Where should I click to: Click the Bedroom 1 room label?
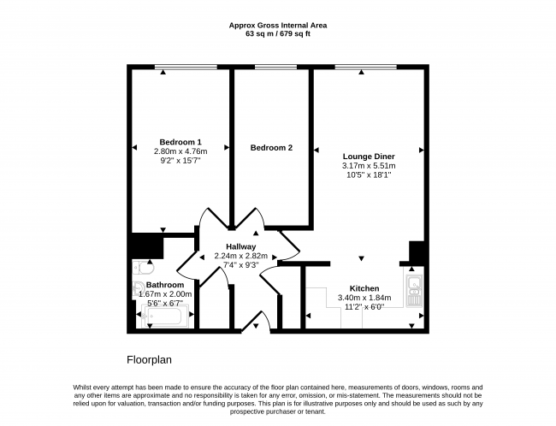[180, 142]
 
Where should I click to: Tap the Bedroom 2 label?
[271, 147]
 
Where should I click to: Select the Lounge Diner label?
[369, 157]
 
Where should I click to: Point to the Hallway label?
[240, 247]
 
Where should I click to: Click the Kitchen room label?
[364, 288]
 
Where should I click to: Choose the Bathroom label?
[165, 285]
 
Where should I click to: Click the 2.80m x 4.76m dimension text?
[180, 151]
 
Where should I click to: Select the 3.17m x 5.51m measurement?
[369, 166]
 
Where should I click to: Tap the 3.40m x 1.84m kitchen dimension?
[364, 298]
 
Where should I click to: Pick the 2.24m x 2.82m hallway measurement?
[240, 256]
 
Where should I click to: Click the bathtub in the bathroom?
[165, 316]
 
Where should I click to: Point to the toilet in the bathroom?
[143, 268]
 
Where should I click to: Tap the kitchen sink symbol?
[414, 291]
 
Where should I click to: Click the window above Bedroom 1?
[186, 67]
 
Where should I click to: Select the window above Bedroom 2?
[276, 67]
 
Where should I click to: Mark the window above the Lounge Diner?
[365, 67]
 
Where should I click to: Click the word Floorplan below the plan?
[150, 360]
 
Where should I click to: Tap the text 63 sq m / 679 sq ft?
[278, 34]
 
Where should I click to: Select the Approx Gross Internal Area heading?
[278, 26]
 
